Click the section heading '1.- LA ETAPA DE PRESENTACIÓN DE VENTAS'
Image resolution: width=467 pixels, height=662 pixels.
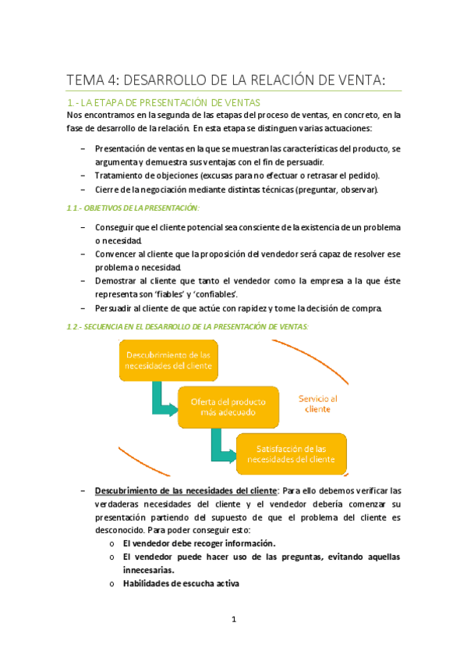pos(164,102)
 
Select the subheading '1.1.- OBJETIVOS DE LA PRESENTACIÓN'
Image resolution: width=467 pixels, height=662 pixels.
pos(133,208)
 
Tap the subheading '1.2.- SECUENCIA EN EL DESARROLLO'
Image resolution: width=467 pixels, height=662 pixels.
pos(188,326)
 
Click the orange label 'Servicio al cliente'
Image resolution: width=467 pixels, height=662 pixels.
pos(317,403)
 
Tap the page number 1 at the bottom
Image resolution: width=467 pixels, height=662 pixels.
pos(233,620)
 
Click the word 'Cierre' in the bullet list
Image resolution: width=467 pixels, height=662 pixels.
pos(108,189)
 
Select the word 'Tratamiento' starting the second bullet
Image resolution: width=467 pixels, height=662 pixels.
pos(120,175)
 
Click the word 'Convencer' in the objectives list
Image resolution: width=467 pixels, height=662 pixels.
pos(117,254)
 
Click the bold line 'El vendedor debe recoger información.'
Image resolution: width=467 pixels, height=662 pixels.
pos(199,543)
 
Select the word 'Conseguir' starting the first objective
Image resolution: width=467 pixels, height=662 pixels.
pos(115,227)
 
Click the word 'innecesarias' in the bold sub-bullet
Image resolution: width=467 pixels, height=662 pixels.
pos(148,570)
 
